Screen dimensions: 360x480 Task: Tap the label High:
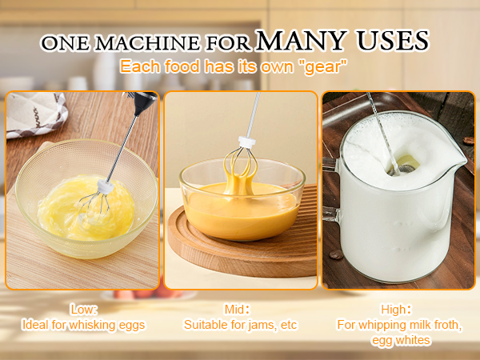click(397, 309)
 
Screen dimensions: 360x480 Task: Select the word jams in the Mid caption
click(254, 325)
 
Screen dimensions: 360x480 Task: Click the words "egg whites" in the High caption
click(398, 340)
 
